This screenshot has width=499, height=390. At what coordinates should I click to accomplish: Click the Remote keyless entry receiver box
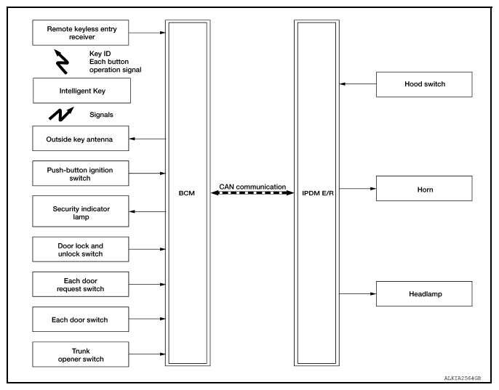pyautogui.click(x=81, y=32)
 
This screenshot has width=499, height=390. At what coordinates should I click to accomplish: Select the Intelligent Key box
pyautogui.click(x=81, y=91)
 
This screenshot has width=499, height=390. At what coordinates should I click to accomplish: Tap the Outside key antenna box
pyautogui.click(x=81, y=138)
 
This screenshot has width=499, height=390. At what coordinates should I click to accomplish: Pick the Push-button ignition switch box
pyautogui.click(x=81, y=174)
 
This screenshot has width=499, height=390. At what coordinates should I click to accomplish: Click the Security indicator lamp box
pyautogui.click(x=81, y=211)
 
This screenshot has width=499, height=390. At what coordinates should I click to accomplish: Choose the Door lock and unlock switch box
pyautogui.click(x=81, y=249)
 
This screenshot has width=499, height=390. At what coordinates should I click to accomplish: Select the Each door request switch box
pyautogui.click(x=81, y=284)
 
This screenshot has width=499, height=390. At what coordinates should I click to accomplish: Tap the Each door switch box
pyautogui.click(x=81, y=318)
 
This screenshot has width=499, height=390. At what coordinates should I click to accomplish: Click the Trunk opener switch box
pyautogui.click(x=81, y=354)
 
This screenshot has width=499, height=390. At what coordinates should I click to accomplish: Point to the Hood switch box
pyautogui.click(x=424, y=84)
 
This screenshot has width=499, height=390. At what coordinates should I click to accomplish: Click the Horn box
pyautogui.click(x=424, y=189)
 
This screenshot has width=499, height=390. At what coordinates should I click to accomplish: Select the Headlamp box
pyautogui.click(x=424, y=293)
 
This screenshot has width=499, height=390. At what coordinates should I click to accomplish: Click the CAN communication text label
pyautogui.click(x=252, y=187)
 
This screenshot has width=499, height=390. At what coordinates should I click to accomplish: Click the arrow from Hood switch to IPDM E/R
pyautogui.click(x=358, y=84)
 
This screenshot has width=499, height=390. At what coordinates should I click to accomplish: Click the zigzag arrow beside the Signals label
pyautogui.click(x=61, y=114)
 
